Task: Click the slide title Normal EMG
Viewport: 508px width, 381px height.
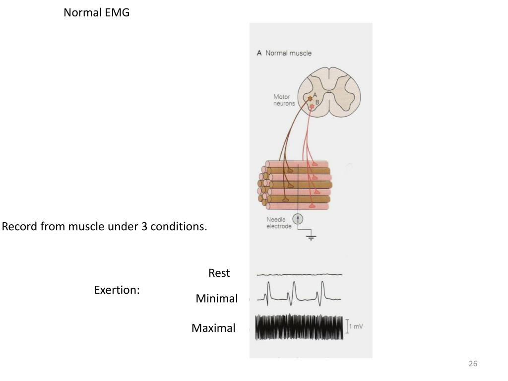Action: [96, 13]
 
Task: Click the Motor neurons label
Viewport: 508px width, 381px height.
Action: [284, 100]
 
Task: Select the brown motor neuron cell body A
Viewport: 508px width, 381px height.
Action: [310, 98]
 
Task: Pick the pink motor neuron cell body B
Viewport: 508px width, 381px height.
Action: [312, 106]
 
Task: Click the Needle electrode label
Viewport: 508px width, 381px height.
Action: [279, 223]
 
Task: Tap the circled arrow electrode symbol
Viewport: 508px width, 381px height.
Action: [298, 219]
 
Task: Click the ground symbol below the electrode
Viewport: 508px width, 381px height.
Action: [312, 237]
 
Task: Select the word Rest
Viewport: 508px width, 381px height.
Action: [219, 273]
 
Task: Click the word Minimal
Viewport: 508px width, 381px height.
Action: [216, 299]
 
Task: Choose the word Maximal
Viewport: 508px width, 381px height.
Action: [213, 328]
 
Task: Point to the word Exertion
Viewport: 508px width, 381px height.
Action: [117, 290]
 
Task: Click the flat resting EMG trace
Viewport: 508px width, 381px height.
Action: [299, 274]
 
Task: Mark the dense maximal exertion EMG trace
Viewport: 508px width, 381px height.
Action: [299, 328]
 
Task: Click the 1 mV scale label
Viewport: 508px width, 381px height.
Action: [356, 326]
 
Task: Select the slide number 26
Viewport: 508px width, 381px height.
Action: [473, 364]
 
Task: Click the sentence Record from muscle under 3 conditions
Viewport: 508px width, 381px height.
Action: [104, 227]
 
